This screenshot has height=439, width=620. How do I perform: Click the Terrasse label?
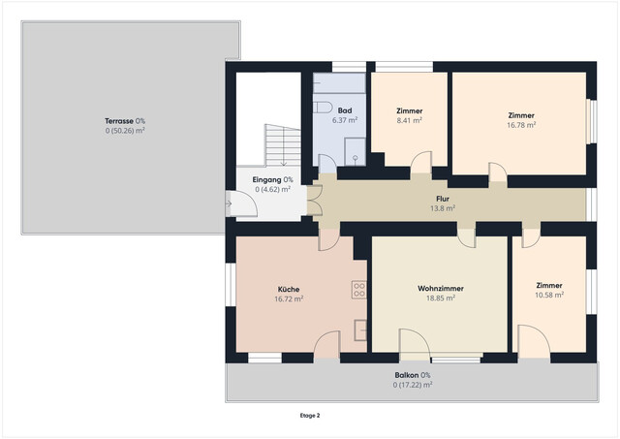(120, 121)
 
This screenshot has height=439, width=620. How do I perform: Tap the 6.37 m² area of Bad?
(345, 120)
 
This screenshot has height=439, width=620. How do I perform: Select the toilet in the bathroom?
(323, 108)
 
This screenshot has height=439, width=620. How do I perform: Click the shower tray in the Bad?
(355, 151)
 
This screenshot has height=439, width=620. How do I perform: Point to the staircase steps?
(282, 145)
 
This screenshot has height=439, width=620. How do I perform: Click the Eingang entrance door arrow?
(229, 204)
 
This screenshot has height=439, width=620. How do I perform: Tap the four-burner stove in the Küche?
(359, 290)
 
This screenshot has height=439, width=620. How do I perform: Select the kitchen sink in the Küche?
(360, 329)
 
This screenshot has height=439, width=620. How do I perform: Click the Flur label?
(443, 199)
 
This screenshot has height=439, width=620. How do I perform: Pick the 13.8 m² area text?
(443, 208)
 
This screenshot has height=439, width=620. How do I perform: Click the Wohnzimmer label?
(441, 289)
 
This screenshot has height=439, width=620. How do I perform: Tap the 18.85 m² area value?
(441, 298)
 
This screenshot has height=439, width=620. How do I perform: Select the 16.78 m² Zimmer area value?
(521, 125)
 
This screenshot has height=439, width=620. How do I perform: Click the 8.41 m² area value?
(409, 120)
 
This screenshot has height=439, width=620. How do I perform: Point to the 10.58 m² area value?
(549, 295)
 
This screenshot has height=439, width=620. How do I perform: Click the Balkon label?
(407, 375)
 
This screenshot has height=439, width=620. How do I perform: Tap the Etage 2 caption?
(310, 416)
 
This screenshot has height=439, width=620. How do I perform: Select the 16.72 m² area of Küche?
(289, 298)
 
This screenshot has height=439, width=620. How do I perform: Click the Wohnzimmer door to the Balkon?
(415, 345)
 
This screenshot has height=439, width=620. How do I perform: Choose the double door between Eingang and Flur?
(314, 201)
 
